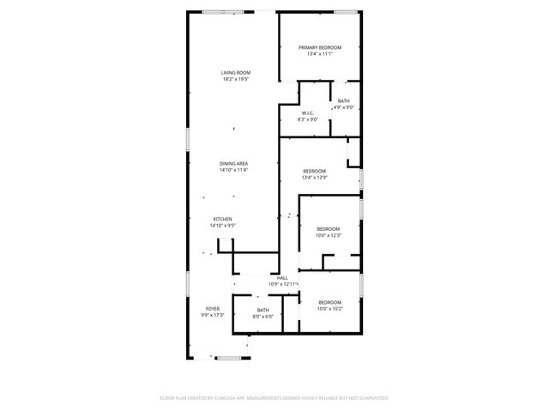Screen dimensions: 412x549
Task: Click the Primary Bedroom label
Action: (x=320, y=47)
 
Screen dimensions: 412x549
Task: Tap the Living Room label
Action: (x=235, y=74)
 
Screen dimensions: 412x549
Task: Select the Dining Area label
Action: (x=233, y=163)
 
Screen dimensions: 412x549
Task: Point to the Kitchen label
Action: (x=222, y=219)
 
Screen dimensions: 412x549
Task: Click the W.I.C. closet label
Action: (x=308, y=113)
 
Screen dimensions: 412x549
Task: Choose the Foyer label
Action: (x=212, y=308)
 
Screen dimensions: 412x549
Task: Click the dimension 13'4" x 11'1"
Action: (x=320, y=53)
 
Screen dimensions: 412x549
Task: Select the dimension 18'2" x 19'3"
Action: (x=235, y=80)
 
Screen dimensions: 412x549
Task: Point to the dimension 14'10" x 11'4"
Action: (x=233, y=170)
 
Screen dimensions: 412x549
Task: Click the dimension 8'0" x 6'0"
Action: (x=262, y=317)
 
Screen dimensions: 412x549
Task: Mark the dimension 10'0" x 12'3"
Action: (x=329, y=235)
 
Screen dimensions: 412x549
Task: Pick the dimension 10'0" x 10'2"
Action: (x=330, y=309)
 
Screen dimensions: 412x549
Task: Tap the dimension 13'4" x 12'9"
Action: (x=315, y=178)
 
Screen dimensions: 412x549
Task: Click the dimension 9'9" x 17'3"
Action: (x=212, y=315)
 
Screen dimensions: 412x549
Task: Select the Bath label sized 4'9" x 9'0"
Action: (x=343, y=101)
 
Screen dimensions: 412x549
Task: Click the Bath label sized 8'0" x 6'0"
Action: (x=262, y=310)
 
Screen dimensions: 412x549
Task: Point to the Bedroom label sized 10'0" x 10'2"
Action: (x=330, y=302)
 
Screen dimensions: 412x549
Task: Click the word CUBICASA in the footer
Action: (x=240, y=398)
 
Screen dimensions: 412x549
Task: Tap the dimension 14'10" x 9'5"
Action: (x=222, y=226)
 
